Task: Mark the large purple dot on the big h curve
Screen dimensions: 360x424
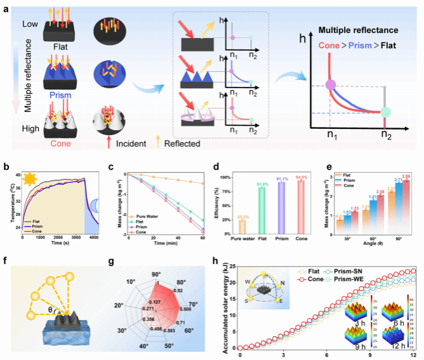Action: point(330,85)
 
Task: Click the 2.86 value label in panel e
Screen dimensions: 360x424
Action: point(406,176)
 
